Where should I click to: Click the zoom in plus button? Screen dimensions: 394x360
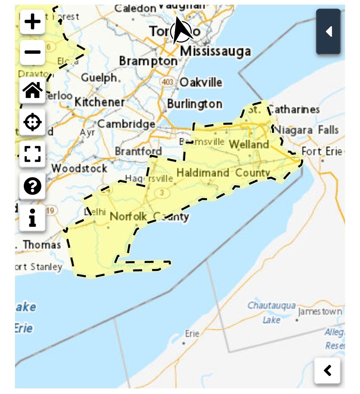click(32, 22)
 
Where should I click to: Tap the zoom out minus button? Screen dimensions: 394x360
click(32, 52)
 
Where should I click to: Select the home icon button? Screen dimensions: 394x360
click(32, 90)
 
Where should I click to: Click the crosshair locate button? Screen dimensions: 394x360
click(32, 122)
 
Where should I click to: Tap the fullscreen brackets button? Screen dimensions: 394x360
click(32, 154)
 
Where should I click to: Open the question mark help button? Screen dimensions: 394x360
click(32, 186)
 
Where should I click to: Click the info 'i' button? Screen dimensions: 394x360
click(32, 218)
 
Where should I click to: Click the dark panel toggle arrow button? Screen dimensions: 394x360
click(328, 32)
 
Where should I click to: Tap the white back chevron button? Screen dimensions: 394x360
click(327, 370)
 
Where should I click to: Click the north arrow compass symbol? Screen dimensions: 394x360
click(181, 31)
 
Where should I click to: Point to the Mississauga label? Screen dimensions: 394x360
click(215, 51)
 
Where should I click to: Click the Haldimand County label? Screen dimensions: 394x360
click(223, 173)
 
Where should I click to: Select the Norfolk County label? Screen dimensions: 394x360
click(149, 216)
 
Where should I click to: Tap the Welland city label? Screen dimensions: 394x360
click(249, 145)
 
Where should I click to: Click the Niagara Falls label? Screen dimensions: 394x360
click(306, 130)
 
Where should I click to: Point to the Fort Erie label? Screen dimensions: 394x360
click(322, 151)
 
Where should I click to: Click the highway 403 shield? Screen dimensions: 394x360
click(167, 82)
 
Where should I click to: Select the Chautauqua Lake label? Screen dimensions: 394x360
click(271, 312)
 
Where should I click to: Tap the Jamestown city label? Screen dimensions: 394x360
click(320, 312)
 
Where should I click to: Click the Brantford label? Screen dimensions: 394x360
click(138, 151)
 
